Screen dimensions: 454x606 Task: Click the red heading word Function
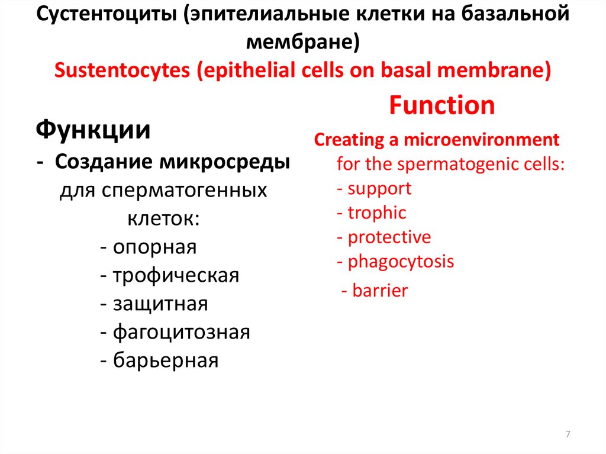[441, 106]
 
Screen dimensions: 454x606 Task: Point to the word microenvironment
[481, 140]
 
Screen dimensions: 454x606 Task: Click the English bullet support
[379, 189]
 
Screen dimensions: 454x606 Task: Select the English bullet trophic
[377, 213]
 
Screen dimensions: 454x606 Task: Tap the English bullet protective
[389, 237]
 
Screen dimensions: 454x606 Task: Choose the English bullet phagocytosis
[401, 262]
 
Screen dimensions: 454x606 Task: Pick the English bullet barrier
[379, 291]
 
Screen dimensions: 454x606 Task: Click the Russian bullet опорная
[154, 247]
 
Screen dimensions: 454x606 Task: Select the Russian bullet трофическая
[176, 275]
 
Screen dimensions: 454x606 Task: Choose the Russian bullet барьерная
[166, 360]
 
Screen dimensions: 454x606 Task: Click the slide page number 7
[568, 435]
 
